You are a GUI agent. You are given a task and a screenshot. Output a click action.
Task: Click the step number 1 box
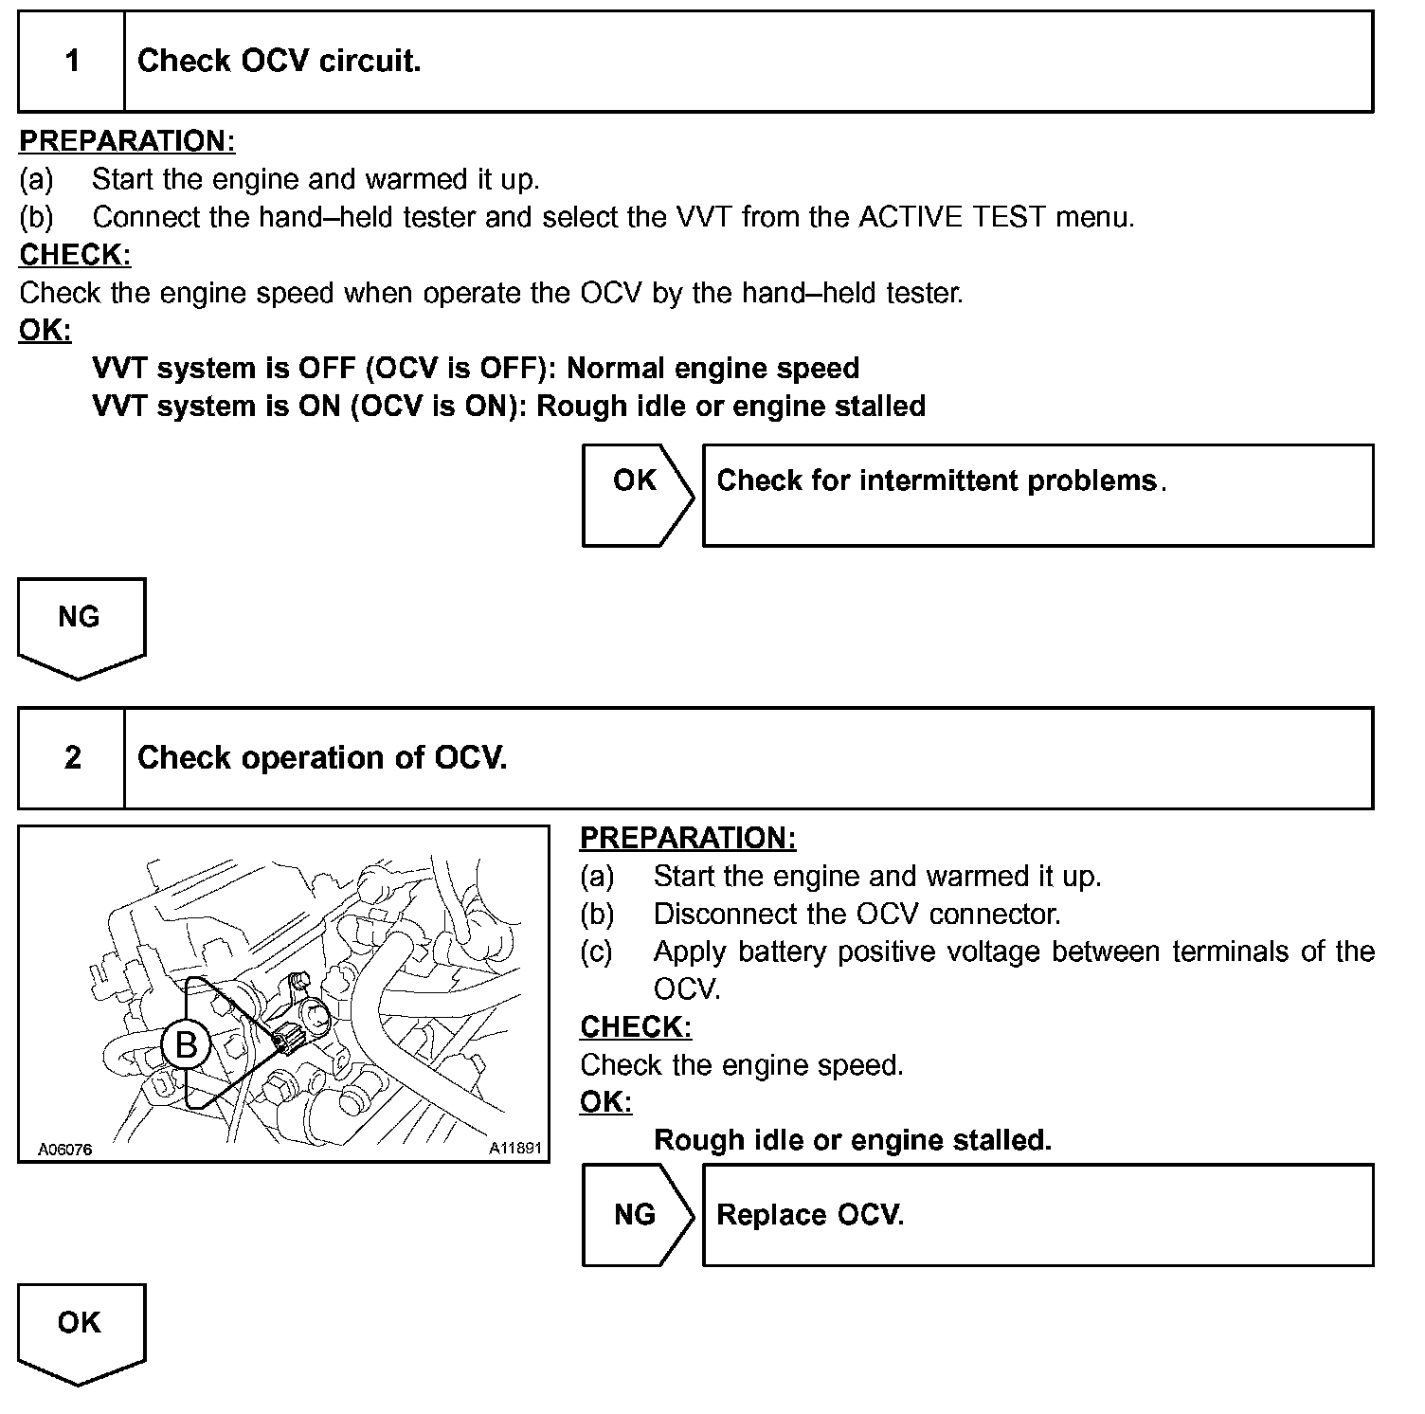pyautogui.click(x=72, y=62)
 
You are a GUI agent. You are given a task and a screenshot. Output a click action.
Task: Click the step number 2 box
pyautogui.click(x=72, y=758)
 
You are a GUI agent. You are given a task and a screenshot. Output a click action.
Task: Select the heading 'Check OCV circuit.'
pyautogui.click(x=279, y=62)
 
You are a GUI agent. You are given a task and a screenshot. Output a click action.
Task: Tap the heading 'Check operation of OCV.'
pyautogui.click(x=322, y=758)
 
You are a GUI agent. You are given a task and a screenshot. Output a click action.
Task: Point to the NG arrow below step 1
pyautogui.click(x=81, y=625)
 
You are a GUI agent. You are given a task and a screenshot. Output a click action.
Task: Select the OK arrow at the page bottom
pyautogui.click(x=81, y=1332)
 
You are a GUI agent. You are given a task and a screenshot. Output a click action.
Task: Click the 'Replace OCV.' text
pyautogui.click(x=810, y=1215)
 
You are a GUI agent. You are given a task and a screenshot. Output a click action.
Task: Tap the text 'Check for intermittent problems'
pyautogui.click(x=936, y=480)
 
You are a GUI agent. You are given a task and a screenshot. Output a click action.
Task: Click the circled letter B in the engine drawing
pyautogui.click(x=187, y=1045)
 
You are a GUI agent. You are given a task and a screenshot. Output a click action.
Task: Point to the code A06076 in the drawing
pyautogui.click(x=65, y=1150)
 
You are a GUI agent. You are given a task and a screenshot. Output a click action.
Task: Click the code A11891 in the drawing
pyautogui.click(x=514, y=1149)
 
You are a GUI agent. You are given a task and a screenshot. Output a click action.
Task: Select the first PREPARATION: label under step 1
pyautogui.click(x=127, y=141)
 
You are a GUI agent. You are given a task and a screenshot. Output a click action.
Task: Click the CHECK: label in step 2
pyautogui.click(x=636, y=1027)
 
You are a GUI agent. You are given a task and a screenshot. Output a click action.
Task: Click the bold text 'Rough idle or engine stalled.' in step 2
pyautogui.click(x=853, y=1139)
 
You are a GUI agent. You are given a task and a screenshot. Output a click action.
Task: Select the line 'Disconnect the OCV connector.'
pyautogui.click(x=857, y=914)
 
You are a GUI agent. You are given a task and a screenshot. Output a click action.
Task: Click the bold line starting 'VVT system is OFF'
pyautogui.click(x=476, y=368)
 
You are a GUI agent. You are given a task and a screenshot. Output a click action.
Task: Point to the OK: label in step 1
pyautogui.click(x=45, y=331)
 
